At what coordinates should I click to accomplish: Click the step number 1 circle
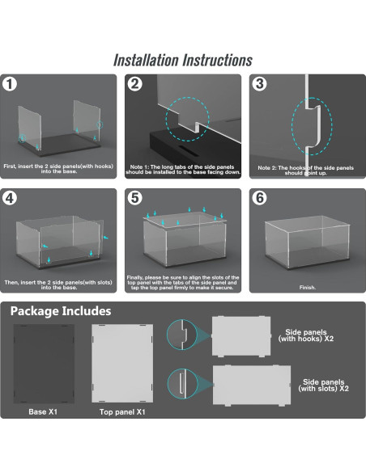(10, 84)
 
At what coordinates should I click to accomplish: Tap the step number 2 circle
(134, 84)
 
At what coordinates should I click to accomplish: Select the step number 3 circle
(260, 84)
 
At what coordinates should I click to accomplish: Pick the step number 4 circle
(10, 198)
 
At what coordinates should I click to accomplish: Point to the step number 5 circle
(134, 198)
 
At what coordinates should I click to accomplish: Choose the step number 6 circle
(260, 198)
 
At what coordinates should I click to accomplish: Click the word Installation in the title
(147, 60)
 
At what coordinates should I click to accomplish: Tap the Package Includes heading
(61, 311)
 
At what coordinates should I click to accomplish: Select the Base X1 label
(43, 412)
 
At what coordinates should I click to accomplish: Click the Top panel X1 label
(122, 412)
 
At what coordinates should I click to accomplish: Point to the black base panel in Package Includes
(44, 364)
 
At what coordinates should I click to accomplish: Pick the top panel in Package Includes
(122, 364)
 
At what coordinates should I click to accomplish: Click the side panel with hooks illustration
(241, 336)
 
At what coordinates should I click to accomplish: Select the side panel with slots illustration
(252, 386)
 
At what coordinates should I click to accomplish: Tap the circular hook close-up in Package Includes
(182, 335)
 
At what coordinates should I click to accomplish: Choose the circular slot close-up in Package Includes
(182, 384)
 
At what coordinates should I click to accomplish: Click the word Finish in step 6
(307, 288)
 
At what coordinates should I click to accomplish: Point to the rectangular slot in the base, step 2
(188, 150)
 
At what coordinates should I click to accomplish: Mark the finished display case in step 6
(307, 242)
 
